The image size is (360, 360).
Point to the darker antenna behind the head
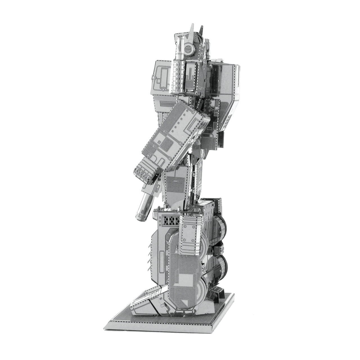[x=201, y=30]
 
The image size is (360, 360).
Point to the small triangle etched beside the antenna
[x=180, y=36]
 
